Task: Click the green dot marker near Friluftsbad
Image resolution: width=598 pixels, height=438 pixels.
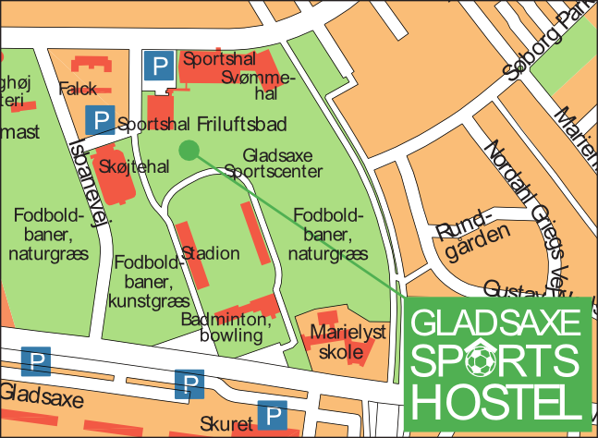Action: coord(189,150)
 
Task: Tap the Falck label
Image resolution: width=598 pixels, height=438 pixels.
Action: coord(77,89)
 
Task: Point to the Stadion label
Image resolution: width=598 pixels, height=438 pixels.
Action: coord(211,253)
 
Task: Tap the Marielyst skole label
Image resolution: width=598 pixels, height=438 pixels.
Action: coord(347,341)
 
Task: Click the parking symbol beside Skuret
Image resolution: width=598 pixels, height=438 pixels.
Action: coord(272,415)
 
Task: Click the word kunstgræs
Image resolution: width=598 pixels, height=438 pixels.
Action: coord(144,300)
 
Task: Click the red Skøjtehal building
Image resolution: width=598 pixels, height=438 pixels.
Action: coord(115,176)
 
